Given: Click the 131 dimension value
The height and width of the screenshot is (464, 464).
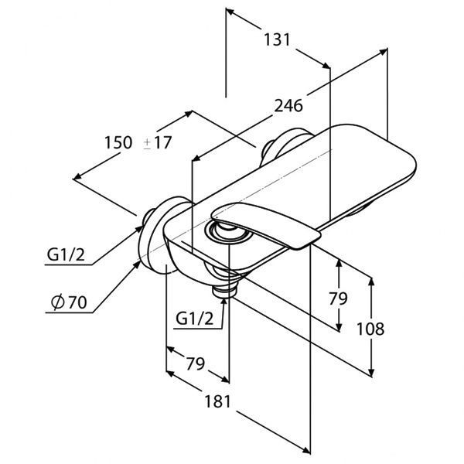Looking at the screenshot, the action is [x=277, y=40].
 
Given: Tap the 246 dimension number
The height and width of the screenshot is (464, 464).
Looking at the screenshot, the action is [x=288, y=106].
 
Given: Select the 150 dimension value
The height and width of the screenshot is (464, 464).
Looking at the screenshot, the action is [x=118, y=142].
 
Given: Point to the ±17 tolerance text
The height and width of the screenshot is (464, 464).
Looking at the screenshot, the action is [x=158, y=142].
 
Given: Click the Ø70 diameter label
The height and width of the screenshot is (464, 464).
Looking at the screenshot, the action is [x=69, y=302].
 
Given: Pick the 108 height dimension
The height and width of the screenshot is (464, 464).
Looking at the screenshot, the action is [x=370, y=329].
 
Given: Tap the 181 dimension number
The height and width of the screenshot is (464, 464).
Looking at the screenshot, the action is [x=217, y=401].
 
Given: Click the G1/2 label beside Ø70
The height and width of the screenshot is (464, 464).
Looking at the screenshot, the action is [x=66, y=254].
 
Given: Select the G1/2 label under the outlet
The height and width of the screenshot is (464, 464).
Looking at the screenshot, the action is [x=194, y=319].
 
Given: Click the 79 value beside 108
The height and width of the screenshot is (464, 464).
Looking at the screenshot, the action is [x=338, y=299].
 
